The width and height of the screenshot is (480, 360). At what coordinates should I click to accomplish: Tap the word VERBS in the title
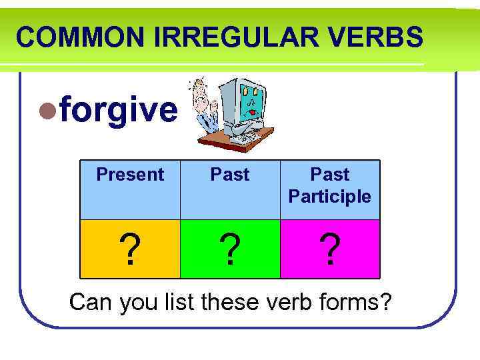[x=383, y=37]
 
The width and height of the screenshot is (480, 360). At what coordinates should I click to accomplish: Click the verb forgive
[x=119, y=111]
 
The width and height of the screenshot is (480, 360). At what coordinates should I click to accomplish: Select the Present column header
[x=130, y=175]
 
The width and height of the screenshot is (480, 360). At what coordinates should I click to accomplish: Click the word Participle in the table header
[x=330, y=197]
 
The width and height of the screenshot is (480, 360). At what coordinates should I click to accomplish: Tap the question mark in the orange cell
[x=131, y=250]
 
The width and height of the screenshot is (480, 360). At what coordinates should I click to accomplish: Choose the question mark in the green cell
[x=230, y=250]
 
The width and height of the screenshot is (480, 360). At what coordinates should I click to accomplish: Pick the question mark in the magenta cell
[x=330, y=250]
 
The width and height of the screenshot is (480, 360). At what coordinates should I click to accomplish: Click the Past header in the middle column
[x=230, y=175]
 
